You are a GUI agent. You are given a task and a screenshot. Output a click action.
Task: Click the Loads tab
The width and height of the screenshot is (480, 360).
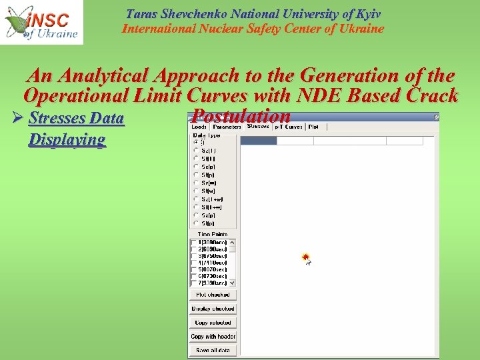(x=199, y=127)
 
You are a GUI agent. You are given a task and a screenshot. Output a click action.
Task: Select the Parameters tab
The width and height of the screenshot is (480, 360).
(x=227, y=127)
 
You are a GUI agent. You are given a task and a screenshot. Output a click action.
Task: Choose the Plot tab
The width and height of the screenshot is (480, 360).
(x=313, y=127)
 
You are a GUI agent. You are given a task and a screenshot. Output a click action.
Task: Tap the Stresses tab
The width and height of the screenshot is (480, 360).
(x=257, y=126)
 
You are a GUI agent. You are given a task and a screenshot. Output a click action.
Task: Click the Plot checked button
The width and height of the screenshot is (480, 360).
(x=213, y=295)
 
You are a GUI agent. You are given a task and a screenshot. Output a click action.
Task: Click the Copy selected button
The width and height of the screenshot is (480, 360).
(x=213, y=323)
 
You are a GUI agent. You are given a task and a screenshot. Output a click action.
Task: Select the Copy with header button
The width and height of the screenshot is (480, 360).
(x=213, y=337)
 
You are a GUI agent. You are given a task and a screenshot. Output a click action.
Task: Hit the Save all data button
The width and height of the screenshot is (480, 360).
(x=213, y=350)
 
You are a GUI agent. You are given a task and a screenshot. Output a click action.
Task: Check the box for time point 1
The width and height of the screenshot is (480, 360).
(x=194, y=242)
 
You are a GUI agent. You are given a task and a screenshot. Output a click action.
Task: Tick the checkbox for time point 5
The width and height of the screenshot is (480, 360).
(x=194, y=269)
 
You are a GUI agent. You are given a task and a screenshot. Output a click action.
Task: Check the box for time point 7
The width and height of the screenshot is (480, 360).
(x=194, y=283)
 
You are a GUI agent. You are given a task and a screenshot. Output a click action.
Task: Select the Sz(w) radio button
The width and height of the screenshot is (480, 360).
(x=196, y=183)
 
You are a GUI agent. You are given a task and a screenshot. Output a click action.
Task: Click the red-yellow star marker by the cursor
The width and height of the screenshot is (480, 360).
(x=305, y=257)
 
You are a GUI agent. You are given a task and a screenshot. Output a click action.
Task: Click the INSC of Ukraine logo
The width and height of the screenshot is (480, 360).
(x=41, y=22)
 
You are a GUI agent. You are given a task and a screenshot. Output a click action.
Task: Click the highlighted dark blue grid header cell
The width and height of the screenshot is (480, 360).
(x=258, y=141)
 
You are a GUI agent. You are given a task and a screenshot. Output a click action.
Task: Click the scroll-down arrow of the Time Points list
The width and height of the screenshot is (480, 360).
(x=232, y=283)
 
